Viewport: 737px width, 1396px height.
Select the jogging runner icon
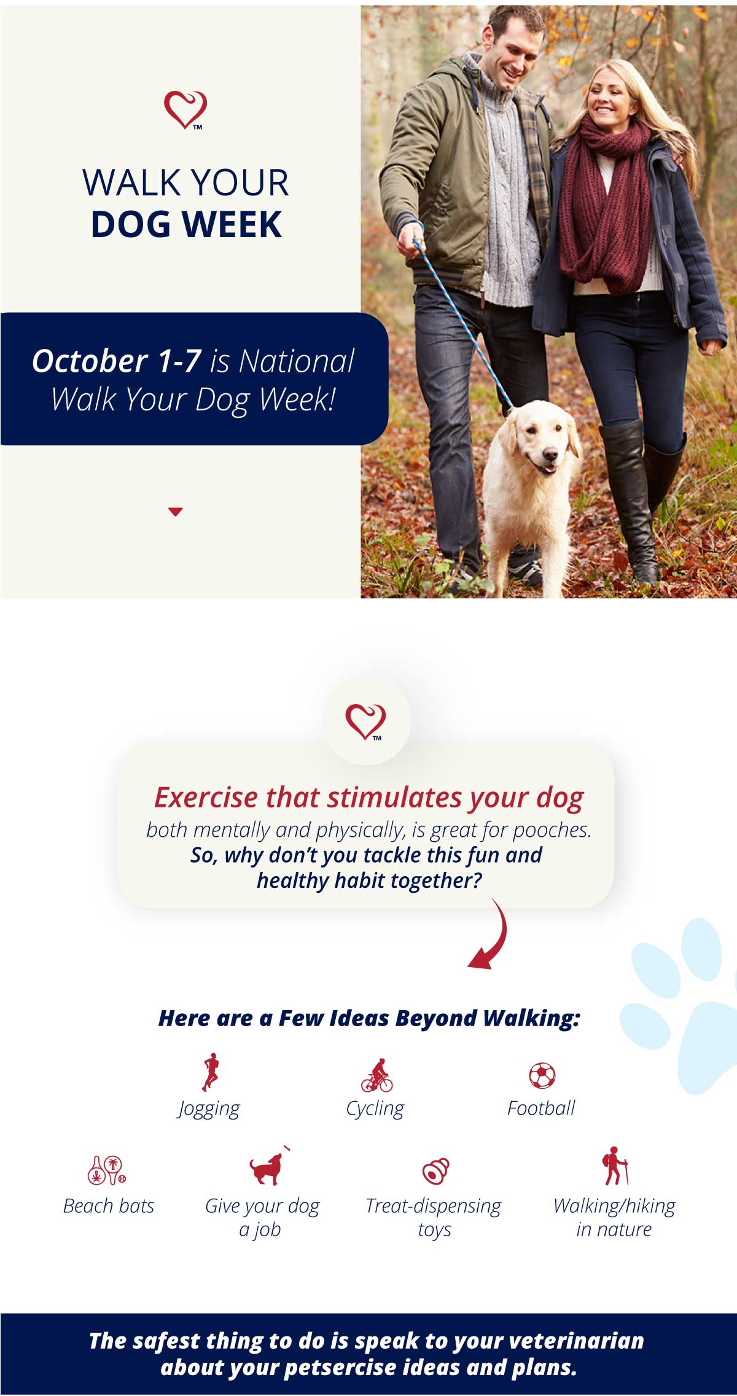pyautogui.click(x=210, y=1072)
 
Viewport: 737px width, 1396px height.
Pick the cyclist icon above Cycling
pyautogui.click(x=376, y=1075)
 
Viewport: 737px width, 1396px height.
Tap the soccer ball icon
pyautogui.click(x=542, y=1075)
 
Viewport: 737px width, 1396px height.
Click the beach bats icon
pyautogui.click(x=107, y=1170)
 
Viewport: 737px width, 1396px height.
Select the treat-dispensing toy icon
pyautogui.click(x=435, y=1171)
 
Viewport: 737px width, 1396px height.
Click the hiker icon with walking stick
pyautogui.click(x=615, y=1166)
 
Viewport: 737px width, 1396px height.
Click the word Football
pyautogui.click(x=541, y=1108)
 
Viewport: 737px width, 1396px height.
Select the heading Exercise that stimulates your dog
pyautogui.click(x=368, y=798)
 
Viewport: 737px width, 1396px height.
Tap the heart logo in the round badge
pyautogui.click(x=366, y=721)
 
